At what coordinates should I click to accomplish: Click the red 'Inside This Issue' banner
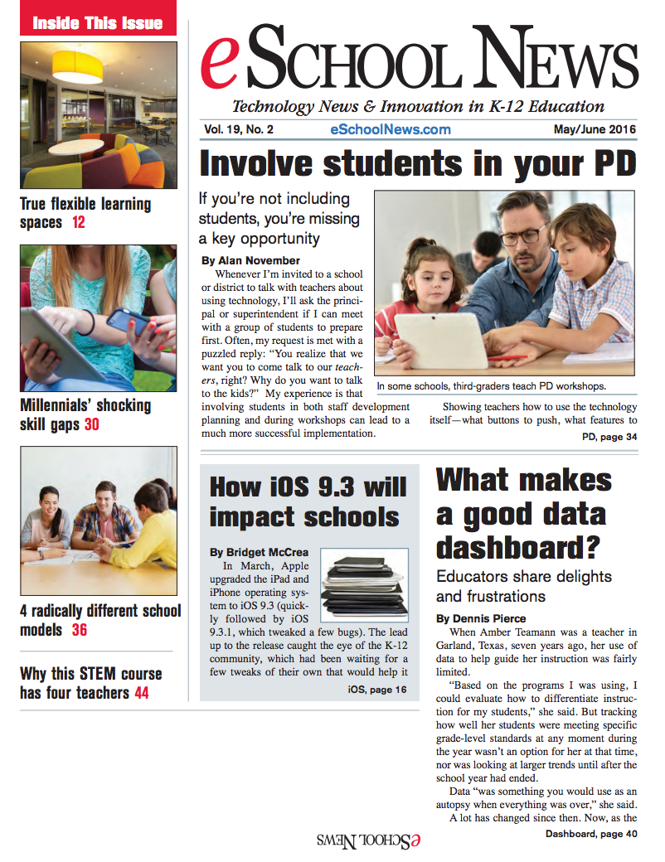[98, 22]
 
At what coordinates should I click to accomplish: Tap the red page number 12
[78, 222]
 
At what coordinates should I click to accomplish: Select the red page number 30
[92, 425]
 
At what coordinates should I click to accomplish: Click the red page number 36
[80, 630]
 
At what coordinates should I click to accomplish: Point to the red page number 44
[141, 692]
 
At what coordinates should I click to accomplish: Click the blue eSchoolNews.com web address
[390, 129]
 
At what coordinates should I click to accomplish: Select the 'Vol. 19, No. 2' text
[237, 129]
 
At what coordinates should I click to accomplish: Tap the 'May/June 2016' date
[595, 129]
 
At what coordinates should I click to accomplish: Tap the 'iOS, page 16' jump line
[377, 689]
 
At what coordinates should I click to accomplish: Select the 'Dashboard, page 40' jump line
[591, 833]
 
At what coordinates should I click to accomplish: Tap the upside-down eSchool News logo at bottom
[368, 840]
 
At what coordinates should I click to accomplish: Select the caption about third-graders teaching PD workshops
[490, 386]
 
